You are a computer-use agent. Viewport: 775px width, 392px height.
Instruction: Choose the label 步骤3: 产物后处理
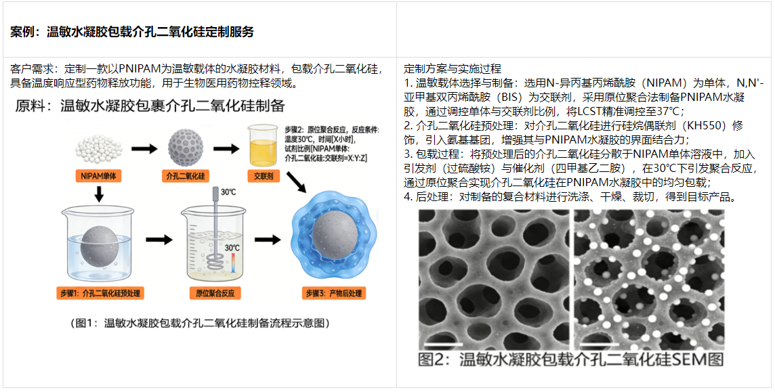tap(334, 293)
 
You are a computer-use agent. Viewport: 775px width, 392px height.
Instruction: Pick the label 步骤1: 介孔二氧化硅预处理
tap(101, 293)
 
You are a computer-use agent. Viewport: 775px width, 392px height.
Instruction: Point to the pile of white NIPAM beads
tap(100, 146)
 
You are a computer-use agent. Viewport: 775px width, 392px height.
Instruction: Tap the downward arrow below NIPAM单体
tap(99, 195)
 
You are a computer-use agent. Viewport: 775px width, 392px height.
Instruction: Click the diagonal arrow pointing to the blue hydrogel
tap(296, 183)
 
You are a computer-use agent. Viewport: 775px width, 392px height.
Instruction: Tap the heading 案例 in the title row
tap(24, 32)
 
